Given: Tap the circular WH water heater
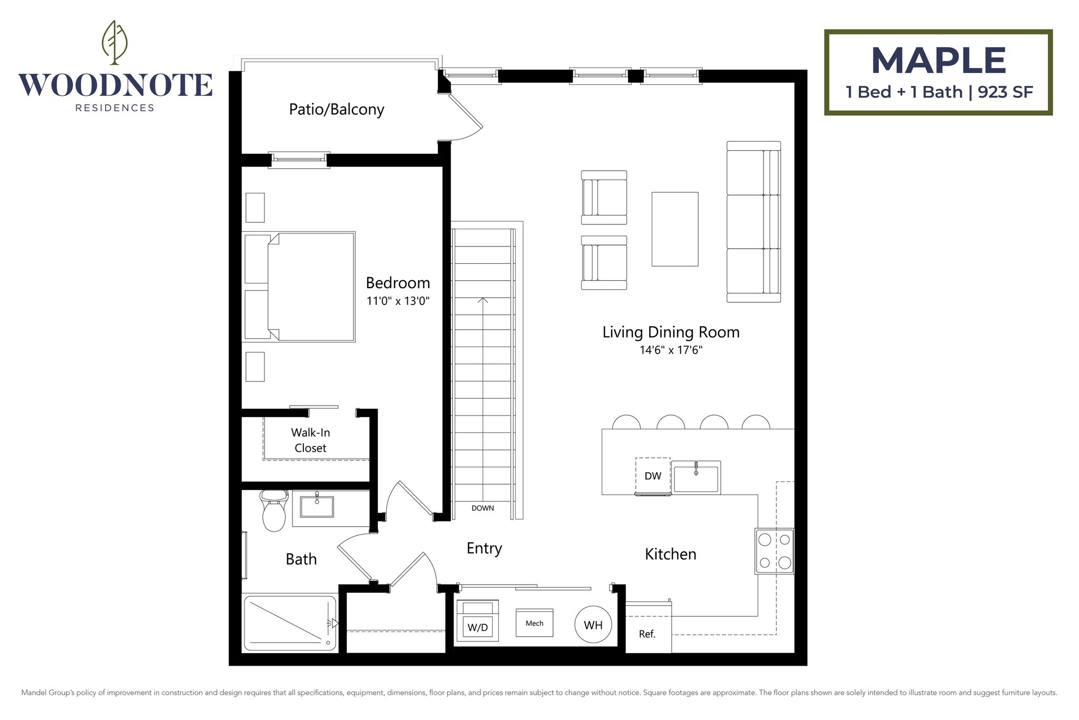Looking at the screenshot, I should [593, 625].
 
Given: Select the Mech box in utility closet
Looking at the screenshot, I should [534, 623].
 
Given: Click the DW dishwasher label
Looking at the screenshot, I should [653, 476].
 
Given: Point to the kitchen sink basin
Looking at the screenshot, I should [696, 478].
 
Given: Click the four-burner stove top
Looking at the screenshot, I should [774, 551].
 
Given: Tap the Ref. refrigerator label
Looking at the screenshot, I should [647, 634].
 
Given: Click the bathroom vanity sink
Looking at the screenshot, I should [317, 506].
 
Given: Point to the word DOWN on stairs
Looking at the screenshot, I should [483, 508].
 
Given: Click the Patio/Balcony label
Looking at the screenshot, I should [337, 110].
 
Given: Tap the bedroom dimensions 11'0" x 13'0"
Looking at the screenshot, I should [398, 301].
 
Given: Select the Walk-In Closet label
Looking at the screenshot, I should [310, 440].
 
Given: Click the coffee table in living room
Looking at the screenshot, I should [675, 229].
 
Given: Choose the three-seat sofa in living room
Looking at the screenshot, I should [753, 222].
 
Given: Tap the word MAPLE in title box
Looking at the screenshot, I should [938, 61].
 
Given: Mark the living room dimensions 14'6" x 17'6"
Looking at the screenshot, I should [671, 350].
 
